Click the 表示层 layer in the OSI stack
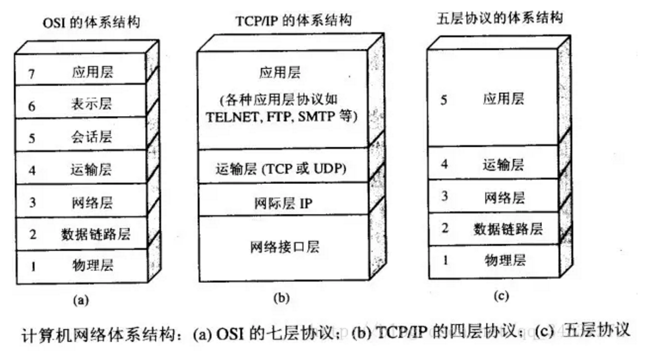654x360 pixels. click(x=92, y=104)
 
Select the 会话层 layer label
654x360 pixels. click(x=92, y=136)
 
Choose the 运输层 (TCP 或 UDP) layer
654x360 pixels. click(x=281, y=168)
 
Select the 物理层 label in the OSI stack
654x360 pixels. click(x=92, y=266)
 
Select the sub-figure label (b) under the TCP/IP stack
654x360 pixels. click(x=281, y=298)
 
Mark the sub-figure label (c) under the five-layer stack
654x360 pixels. click(x=501, y=296)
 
